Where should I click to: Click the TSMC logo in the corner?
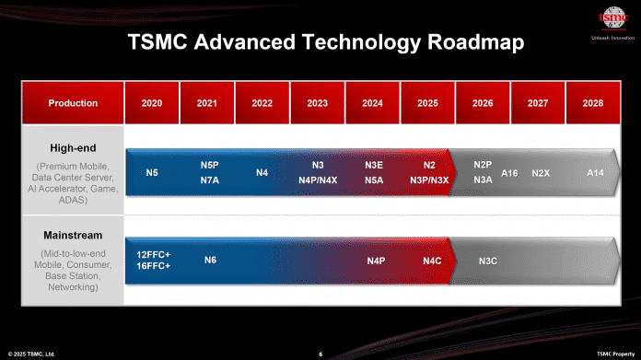[609, 18]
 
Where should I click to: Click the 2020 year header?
[152, 103]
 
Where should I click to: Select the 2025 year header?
[427, 103]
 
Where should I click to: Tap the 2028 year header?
[593, 103]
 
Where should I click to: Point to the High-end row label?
[73, 146]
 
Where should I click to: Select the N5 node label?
[152, 173]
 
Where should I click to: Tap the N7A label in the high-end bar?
[208, 180]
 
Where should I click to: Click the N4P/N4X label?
[318, 180]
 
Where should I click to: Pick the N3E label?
[374, 165]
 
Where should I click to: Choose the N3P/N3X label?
[429, 180]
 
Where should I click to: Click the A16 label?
[510, 173]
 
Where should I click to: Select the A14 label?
[597, 173]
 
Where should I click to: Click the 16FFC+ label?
[153, 265]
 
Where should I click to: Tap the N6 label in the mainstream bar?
[210, 261]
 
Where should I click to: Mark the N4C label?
[432, 261]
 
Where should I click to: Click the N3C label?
[488, 261]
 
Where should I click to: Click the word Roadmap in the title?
[471, 42]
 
